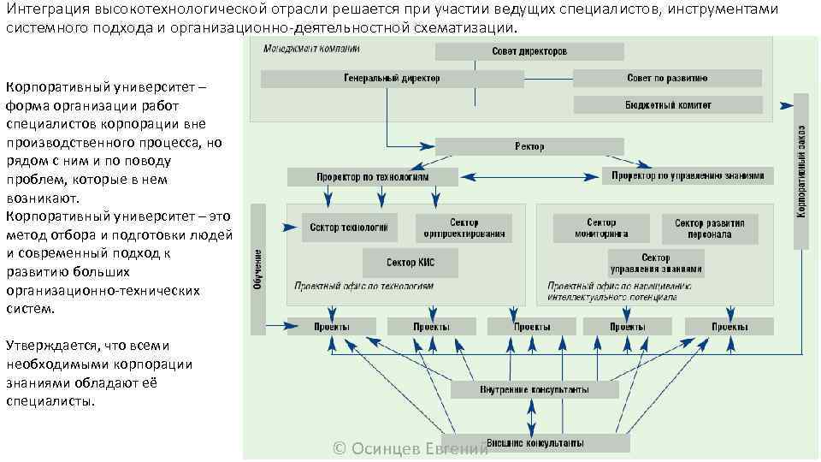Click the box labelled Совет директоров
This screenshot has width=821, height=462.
(x=529, y=51)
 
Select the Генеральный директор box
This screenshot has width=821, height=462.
(x=392, y=79)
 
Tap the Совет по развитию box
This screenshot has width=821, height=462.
(x=667, y=79)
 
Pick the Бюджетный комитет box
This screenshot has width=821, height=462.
(x=667, y=105)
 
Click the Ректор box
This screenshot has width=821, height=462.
(x=529, y=146)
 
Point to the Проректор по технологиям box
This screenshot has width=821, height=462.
(x=373, y=177)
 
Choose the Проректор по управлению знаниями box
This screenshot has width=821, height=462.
(x=688, y=176)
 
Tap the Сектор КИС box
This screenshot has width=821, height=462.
(x=410, y=263)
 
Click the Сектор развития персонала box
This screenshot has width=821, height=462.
(x=709, y=228)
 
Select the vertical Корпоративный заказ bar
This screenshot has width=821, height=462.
(x=800, y=171)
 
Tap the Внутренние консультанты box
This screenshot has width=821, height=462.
(x=535, y=390)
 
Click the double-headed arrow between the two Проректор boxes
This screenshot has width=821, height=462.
(x=530, y=177)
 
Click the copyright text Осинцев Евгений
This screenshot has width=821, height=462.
(x=410, y=449)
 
